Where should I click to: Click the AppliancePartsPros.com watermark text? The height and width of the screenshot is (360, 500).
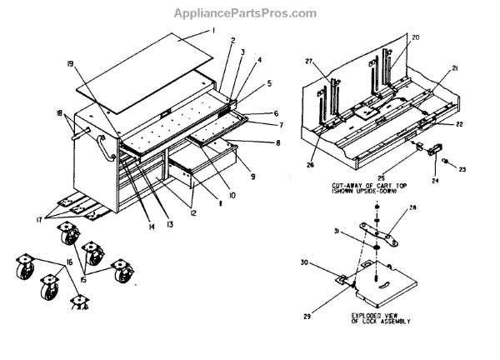click(x=244, y=13)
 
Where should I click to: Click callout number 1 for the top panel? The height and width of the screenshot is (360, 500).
click(x=212, y=31)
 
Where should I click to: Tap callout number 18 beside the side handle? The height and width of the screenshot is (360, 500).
click(x=57, y=113)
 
